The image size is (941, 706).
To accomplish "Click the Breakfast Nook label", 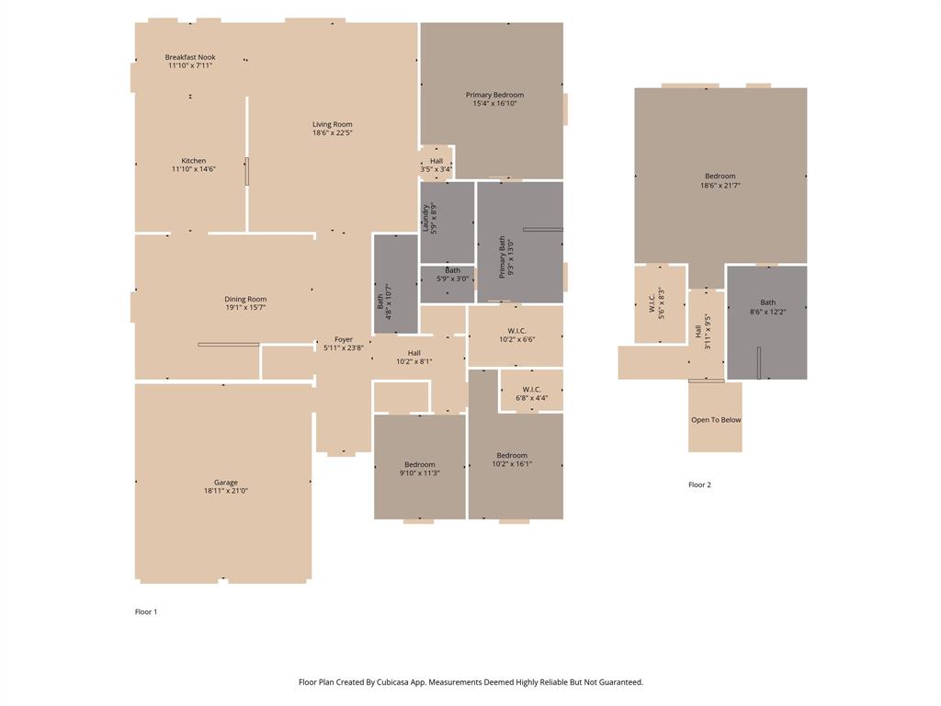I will (x=190, y=57).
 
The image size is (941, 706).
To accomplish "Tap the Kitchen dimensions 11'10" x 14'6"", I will (x=193, y=169).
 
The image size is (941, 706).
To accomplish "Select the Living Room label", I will (x=332, y=124).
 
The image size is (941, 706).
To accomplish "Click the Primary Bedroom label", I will (x=494, y=95).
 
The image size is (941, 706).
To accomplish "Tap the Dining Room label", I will (x=245, y=299).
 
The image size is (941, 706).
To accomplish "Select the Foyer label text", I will (x=343, y=339).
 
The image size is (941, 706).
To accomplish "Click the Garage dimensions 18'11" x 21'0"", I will (x=226, y=491).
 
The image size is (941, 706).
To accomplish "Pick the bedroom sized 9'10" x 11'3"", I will (x=419, y=469).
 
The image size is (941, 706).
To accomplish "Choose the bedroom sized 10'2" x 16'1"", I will (x=512, y=460).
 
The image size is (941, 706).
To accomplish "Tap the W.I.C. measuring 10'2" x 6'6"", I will (x=516, y=335).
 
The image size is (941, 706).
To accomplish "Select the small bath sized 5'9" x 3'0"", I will (x=452, y=275).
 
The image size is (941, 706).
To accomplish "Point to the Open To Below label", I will (x=716, y=420).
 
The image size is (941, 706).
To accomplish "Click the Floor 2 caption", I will (x=699, y=484).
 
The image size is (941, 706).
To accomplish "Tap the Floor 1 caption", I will (x=146, y=611).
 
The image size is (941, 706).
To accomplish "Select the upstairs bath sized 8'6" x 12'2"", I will (x=767, y=307).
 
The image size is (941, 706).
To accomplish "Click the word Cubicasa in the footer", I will (x=394, y=682).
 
